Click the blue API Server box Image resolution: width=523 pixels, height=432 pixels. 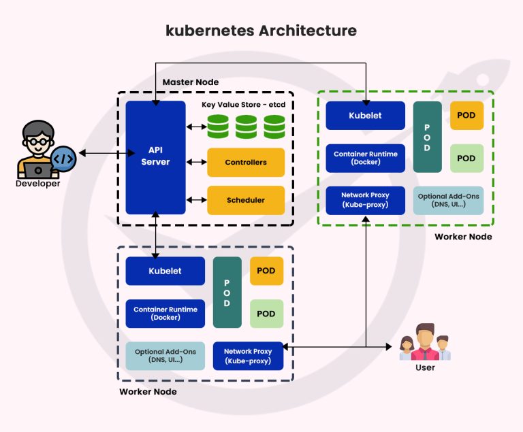pos(155,157)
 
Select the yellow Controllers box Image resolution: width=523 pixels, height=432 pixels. pos(246,163)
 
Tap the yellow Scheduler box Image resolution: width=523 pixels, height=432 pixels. pos(246,200)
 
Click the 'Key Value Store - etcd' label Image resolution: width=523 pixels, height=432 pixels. pos(243,104)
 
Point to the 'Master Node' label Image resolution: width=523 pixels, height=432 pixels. pos(191,82)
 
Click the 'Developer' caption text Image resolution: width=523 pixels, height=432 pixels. pos(39,184)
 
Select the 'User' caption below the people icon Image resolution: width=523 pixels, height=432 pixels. pos(425,367)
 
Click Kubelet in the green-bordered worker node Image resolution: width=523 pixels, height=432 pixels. pos(365,116)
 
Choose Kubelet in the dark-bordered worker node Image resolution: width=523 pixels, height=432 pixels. pos(165,271)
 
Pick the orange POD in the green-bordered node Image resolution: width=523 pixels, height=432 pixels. pos(466,116)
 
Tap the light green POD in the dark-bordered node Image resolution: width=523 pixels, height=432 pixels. pos(266,314)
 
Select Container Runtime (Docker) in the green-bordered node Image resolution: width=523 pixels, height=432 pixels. pos(365,158)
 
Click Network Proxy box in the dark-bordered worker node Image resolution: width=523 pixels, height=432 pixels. pos(249,356)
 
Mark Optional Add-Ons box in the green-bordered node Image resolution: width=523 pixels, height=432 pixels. pos(448,200)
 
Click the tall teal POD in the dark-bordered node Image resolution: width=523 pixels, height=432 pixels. pos(227,293)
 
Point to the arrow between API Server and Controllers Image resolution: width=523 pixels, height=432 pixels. pos(197,163)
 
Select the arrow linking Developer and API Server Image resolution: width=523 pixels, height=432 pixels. pos(101,154)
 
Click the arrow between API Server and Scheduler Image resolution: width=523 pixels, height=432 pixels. pos(197,200)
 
